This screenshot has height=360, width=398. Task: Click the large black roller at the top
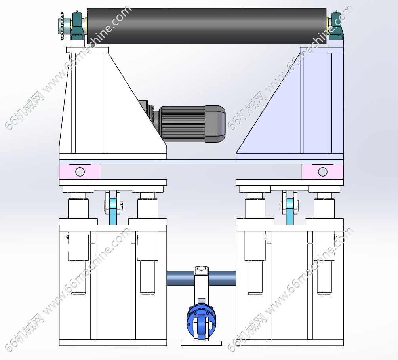[x=207, y=26]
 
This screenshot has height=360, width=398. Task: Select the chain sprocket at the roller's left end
[x=62, y=26]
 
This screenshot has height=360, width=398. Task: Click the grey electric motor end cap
[x=215, y=124]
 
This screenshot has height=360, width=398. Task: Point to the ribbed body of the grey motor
[x=183, y=124]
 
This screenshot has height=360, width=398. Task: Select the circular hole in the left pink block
[x=80, y=172]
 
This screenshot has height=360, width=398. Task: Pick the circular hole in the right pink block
[x=323, y=172]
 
